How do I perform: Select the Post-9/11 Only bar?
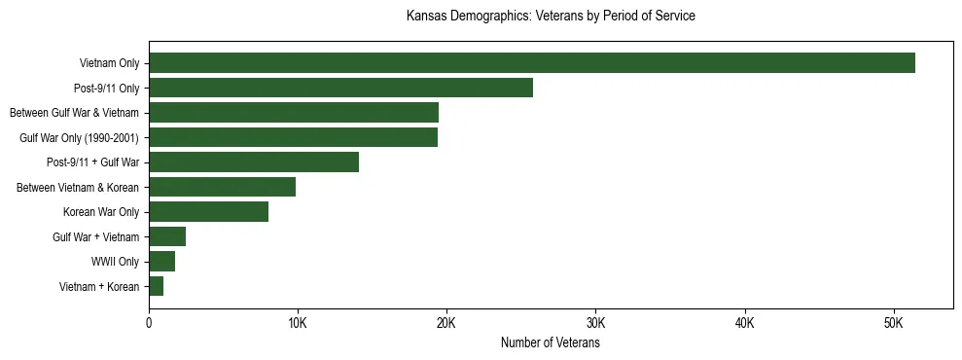340,88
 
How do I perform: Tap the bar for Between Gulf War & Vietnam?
294,113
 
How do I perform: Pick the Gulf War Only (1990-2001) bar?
293,137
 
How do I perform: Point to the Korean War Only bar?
208,212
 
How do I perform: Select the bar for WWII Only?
161,261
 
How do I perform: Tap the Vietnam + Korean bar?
156,286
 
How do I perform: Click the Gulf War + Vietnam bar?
167,236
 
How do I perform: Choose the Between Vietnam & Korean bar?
222,187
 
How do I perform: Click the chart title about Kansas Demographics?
550,17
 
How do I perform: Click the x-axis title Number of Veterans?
550,343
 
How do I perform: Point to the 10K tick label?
298,323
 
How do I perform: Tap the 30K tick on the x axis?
596,323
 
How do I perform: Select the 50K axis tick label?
894,323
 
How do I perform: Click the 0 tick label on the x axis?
149,323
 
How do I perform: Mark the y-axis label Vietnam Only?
109,63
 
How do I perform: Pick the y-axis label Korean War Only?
101,212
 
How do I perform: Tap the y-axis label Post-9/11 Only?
106,89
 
